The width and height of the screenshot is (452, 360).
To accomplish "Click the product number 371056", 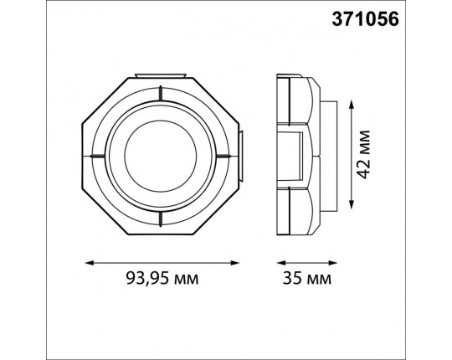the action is coord(365,19).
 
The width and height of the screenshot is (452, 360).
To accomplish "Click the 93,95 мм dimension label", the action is coord(162,279).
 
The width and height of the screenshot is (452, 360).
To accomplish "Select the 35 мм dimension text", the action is coord(307,279).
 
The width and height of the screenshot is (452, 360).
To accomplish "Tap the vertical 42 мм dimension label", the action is coord(362,155).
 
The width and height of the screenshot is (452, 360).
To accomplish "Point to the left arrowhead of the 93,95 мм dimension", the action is coord(89,263).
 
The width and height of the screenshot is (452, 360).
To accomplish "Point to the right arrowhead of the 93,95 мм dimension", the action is coord(235,263).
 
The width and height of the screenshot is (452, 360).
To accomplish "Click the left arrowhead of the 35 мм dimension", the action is coord(280,263).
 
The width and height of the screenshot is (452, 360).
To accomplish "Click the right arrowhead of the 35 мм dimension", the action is coord(333,263).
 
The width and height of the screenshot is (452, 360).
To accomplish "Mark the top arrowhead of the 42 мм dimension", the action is coord(351,105).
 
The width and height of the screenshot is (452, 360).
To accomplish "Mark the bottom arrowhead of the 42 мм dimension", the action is coord(351,204).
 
